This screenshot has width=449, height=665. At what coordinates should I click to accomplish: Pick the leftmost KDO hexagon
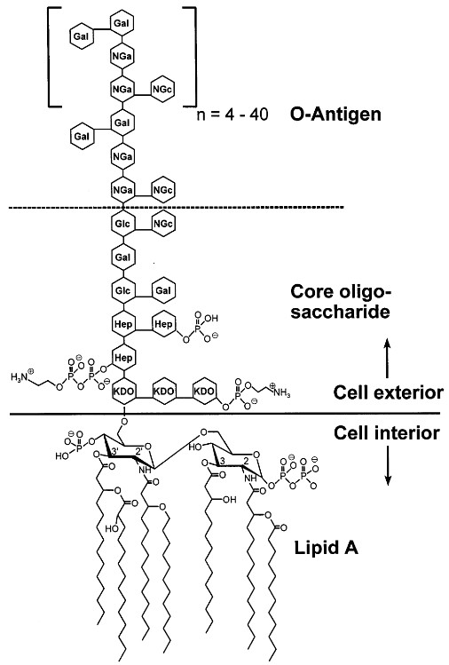point(123,392)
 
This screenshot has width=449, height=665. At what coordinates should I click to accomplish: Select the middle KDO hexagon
point(164,392)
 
